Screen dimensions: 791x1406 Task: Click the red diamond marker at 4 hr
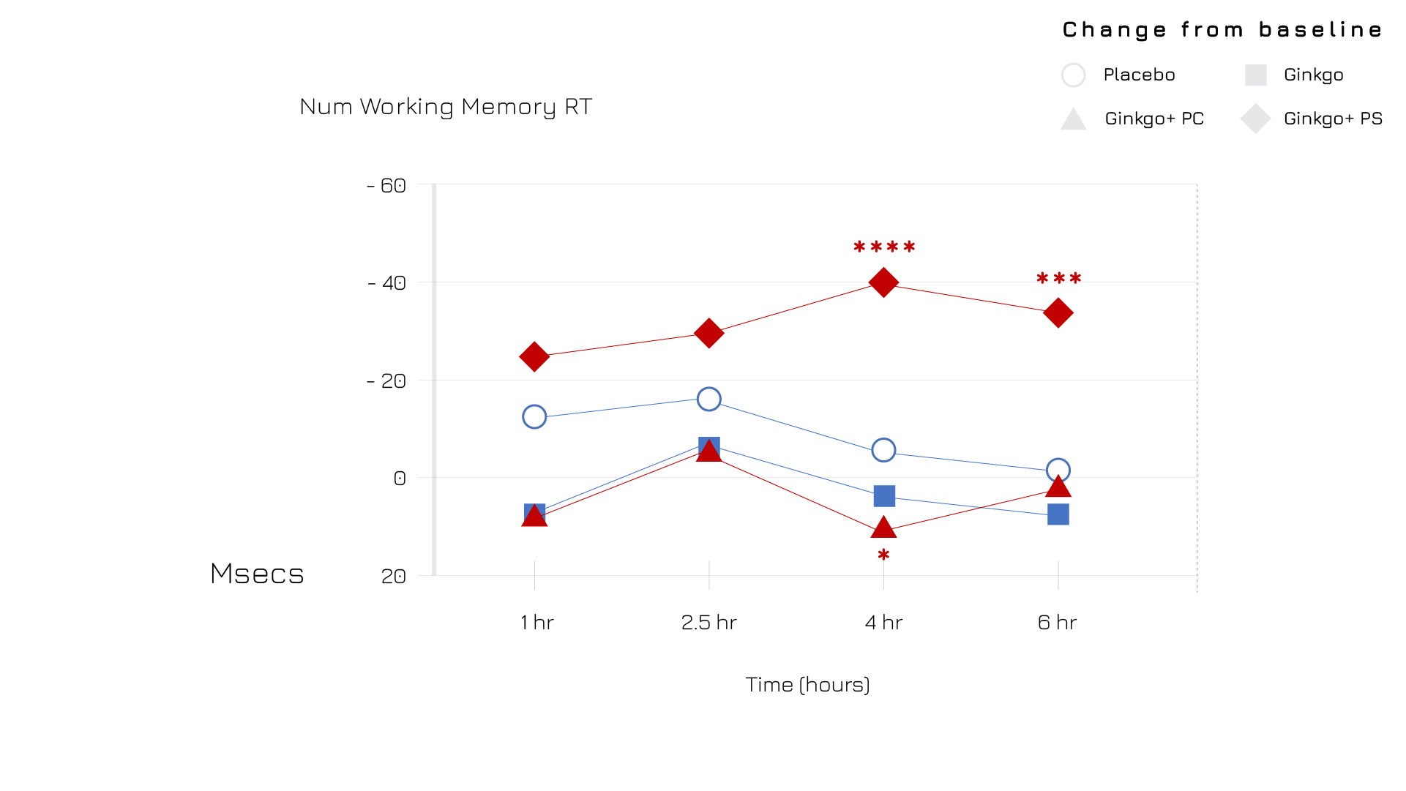coord(883,282)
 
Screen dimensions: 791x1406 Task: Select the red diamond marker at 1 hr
coord(534,356)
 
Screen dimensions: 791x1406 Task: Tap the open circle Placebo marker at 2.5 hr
coord(708,399)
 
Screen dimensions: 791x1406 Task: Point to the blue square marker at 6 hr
coord(1058,514)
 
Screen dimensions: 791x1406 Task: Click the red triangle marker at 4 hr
coord(883,527)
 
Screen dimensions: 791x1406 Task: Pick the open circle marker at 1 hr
coord(534,416)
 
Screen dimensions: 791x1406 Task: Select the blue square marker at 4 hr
coord(884,496)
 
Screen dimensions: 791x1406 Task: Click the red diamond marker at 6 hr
coord(1058,313)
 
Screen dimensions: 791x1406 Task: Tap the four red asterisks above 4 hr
coord(884,247)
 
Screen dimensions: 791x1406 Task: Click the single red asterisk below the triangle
coord(883,555)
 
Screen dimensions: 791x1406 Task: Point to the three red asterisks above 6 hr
coord(1058,279)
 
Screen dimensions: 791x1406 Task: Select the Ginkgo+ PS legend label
coord(1333,119)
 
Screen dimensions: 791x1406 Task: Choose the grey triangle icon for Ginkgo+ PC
coord(1073,119)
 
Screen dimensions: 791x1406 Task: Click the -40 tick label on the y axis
coord(387,283)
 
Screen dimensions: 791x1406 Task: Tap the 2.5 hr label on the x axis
coord(708,623)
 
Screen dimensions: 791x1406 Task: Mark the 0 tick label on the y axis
coord(399,479)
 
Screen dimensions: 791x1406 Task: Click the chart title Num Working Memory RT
coord(446,107)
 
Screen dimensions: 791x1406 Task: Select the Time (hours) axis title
coord(807,685)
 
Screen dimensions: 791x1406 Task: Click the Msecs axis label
coord(257,574)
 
